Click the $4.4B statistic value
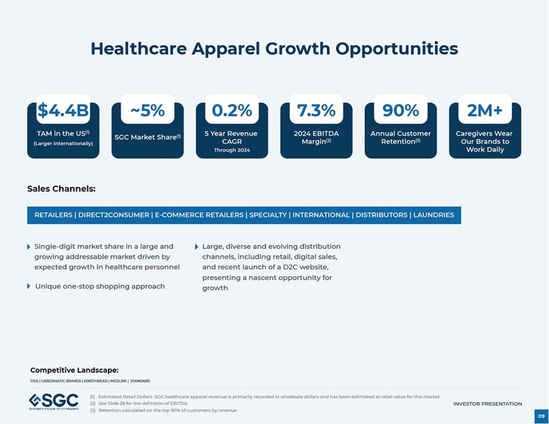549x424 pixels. pyautogui.click(x=63, y=110)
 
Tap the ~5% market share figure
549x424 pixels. pyautogui.click(x=148, y=110)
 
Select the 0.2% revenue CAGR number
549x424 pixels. pyautogui.click(x=232, y=110)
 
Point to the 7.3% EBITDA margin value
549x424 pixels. pyautogui.click(x=316, y=110)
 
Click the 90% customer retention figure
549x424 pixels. pyautogui.click(x=400, y=110)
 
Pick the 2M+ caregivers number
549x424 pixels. pyautogui.click(x=485, y=110)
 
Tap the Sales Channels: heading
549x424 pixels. pyautogui.click(x=61, y=189)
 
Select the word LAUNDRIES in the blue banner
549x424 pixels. pyautogui.click(x=434, y=215)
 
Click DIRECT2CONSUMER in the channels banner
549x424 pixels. pyautogui.click(x=113, y=215)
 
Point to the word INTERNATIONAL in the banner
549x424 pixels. pyautogui.click(x=321, y=215)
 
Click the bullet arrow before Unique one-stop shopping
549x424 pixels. pyautogui.click(x=29, y=286)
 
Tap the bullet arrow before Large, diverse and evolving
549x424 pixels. pyautogui.click(x=196, y=247)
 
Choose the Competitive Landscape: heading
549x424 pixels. pyautogui.click(x=74, y=370)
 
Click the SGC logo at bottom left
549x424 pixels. pyautogui.click(x=54, y=401)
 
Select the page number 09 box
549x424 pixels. pyautogui.click(x=540, y=416)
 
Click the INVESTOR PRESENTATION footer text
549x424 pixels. pyautogui.click(x=487, y=404)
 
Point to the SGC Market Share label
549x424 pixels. pyautogui.click(x=148, y=137)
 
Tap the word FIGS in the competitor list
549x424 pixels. pyautogui.click(x=34, y=381)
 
